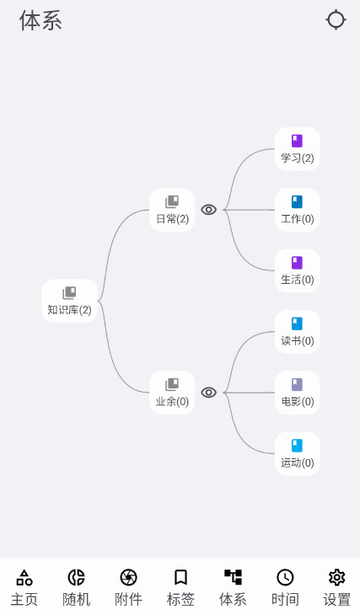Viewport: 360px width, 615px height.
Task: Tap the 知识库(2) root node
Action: (x=69, y=301)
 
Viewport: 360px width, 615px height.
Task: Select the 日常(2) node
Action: (x=172, y=210)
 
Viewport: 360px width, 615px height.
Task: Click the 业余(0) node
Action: (x=172, y=393)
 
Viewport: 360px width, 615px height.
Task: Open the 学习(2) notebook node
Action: (x=297, y=148)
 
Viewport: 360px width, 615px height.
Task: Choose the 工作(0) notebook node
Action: (x=297, y=210)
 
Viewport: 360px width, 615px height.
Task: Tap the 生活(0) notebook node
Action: (x=297, y=270)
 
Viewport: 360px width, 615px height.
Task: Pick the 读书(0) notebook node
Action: (x=297, y=332)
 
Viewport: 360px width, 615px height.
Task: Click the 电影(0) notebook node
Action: (x=297, y=393)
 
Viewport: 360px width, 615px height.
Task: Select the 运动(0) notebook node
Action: (x=297, y=454)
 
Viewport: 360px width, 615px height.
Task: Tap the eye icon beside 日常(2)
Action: (x=209, y=210)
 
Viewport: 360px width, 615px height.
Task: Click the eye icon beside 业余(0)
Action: (x=209, y=393)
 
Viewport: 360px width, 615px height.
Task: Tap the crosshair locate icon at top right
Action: (x=336, y=20)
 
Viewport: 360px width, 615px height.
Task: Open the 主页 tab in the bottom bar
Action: (x=24, y=587)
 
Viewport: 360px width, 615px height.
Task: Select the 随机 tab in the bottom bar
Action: (x=76, y=587)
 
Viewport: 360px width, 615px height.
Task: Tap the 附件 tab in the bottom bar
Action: (x=128, y=587)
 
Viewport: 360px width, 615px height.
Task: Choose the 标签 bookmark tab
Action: (x=180, y=587)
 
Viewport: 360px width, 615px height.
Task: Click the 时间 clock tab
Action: (x=285, y=587)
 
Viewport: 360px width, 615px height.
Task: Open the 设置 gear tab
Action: (x=337, y=587)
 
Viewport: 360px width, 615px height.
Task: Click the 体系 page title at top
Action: (x=40, y=21)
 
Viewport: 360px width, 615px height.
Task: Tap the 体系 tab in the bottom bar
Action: (x=233, y=587)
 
